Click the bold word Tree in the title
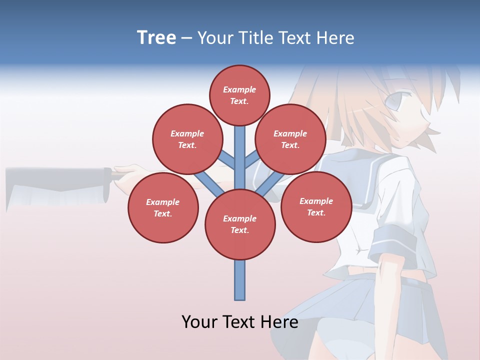[156, 38]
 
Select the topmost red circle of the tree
[239, 95]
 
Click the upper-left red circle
[187, 139]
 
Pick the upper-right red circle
[290, 139]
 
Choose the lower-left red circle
[163, 207]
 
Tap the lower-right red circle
[316, 206]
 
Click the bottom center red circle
[240, 224]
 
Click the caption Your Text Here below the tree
[239, 322]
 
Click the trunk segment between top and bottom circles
[240, 155]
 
